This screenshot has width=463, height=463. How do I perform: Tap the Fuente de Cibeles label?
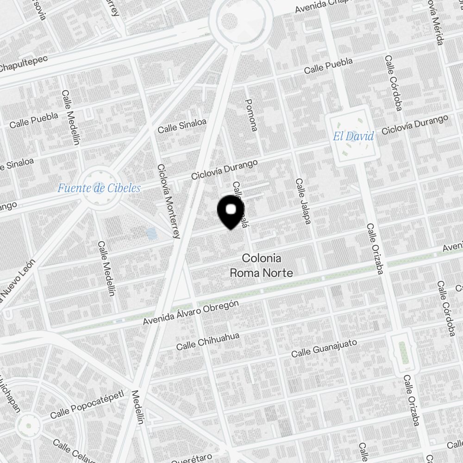pos(98,188)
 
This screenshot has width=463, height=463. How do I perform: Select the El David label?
pos(353,137)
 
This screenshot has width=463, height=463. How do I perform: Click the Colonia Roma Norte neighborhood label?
pos(261,266)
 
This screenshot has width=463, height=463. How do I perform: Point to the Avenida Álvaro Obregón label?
pos(191,313)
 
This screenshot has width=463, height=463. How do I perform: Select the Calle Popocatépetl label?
pos(87,404)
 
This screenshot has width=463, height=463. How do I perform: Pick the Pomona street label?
pos(250,115)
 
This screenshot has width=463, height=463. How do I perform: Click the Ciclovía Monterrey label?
pos(168,201)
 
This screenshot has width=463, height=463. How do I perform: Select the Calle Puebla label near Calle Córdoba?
pos(328,65)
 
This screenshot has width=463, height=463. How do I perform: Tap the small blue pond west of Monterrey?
pos(151,233)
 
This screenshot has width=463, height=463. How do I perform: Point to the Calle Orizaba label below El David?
pos(375,249)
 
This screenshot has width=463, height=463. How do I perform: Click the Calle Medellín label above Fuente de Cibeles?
pos(71,117)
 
